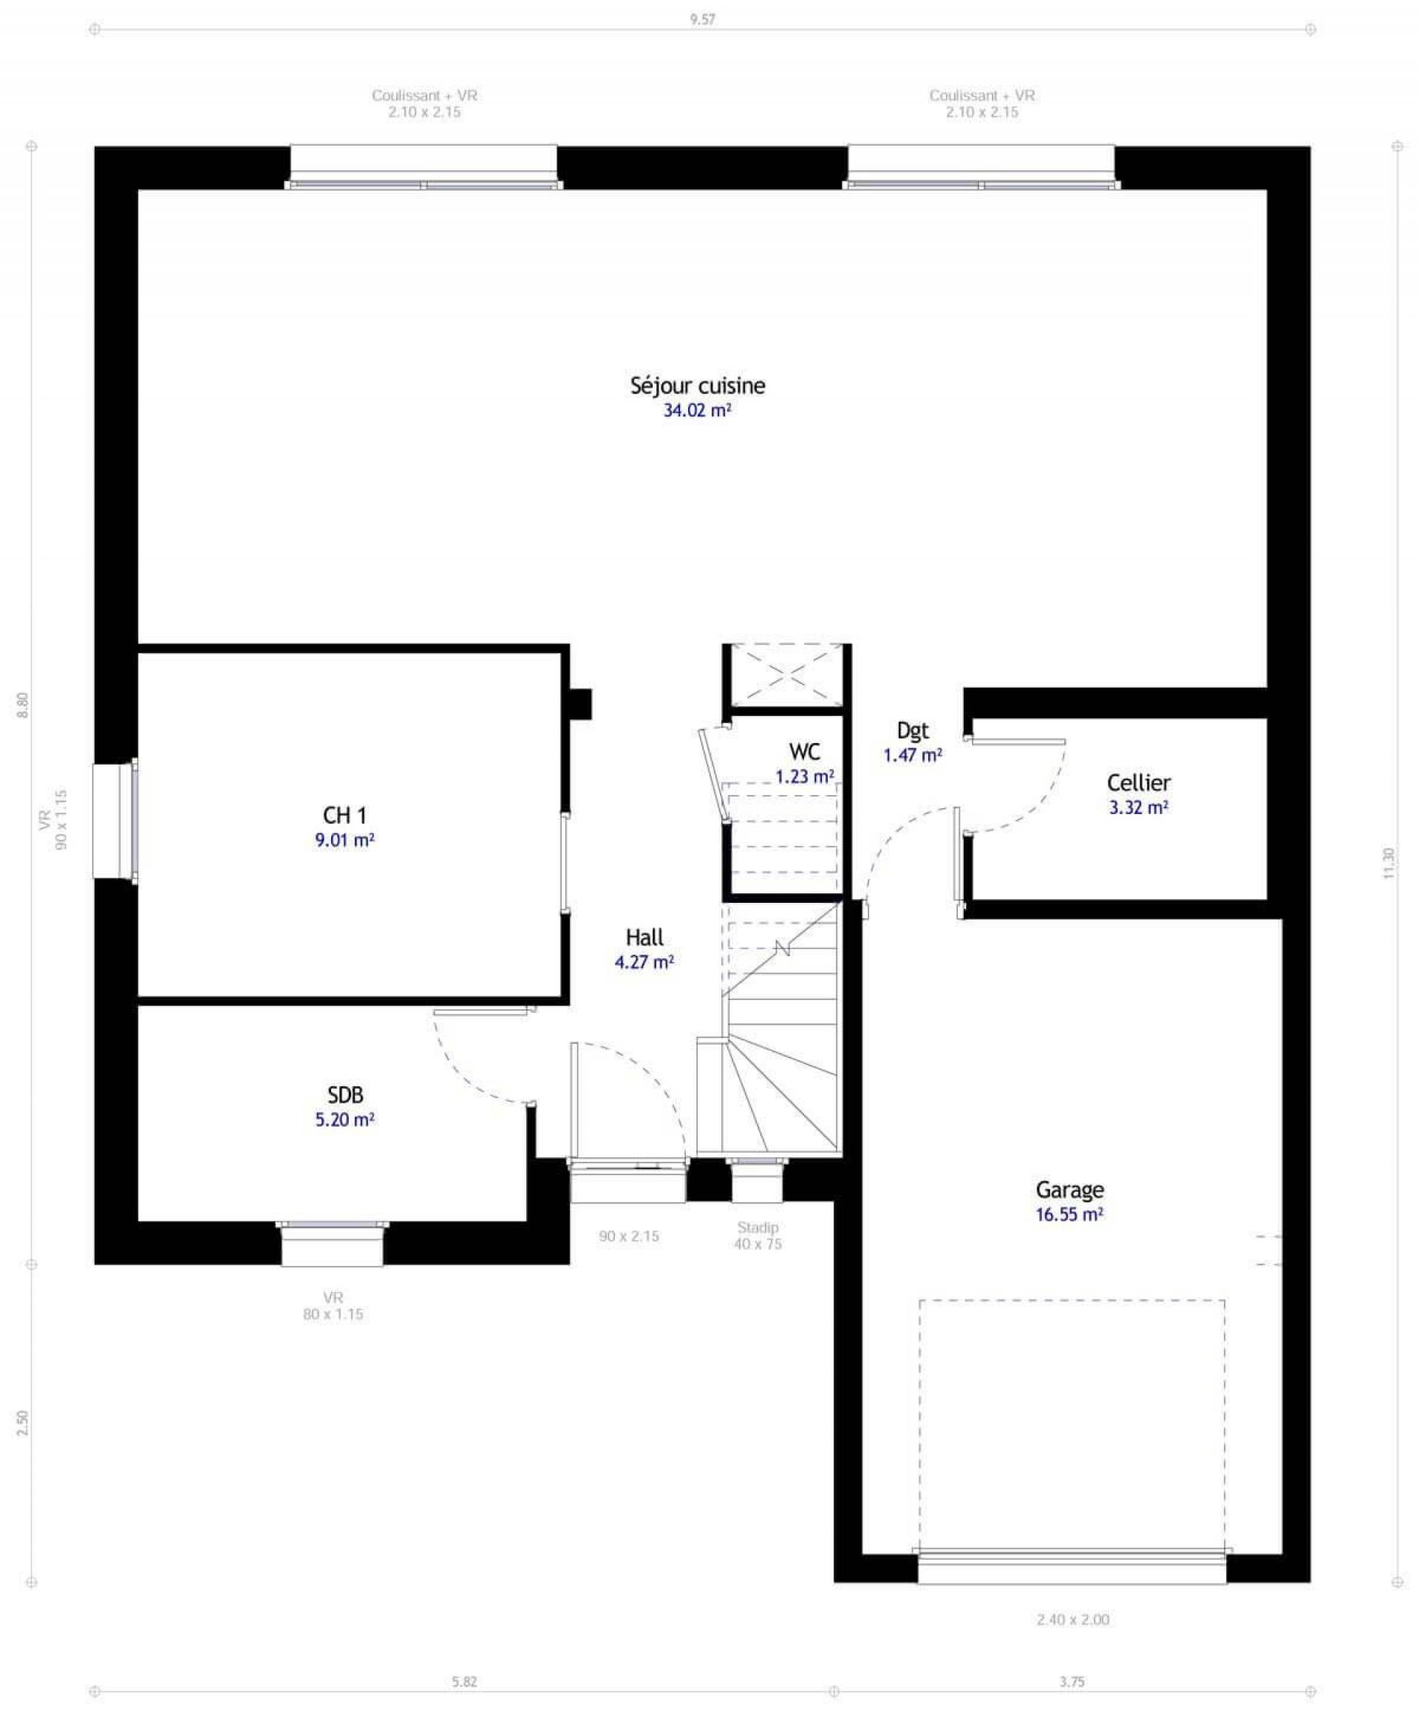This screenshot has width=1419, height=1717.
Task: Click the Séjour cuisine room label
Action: pyautogui.click(x=697, y=385)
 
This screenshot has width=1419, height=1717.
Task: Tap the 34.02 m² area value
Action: pyautogui.click(x=696, y=410)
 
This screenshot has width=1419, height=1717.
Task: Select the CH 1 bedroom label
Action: pyautogui.click(x=344, y=815)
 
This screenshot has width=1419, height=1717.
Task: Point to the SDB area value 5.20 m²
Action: pyautogui.click(x=344, y=1120)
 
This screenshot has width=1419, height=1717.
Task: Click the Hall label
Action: pyautogui.click(x=644, y=937)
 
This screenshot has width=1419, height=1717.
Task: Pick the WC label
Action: pyautogui.click(x=804, y=751)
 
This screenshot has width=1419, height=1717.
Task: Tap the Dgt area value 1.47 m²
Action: pyautogui.click(x=912, y=755)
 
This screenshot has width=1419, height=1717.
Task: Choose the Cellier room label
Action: pyautogui.click(x=1138, y=782)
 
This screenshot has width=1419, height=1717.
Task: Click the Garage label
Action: pyautogui.click(x=1069, y=1190)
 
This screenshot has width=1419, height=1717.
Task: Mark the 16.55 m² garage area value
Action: pyautogui.click(x=1069, y=1214)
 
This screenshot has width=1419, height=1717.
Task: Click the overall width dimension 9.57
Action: pyautogui.click(x=702, y=20)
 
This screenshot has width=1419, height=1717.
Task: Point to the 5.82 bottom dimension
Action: pyautogui.click(x=463, y=1682)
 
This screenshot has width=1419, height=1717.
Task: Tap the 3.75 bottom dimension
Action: pyautogui.click(x=1072, y=1682)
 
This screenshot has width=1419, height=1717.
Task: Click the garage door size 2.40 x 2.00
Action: pyautogui.click(x=1072, y=1619)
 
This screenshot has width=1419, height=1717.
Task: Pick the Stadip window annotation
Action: pyautogui.click(x=757, y=1228)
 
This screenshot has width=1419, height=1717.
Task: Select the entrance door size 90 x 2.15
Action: pyautogui.click(x=629, y=1236)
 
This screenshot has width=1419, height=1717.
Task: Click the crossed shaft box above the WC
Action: pyautogui.click(x=786, y=674)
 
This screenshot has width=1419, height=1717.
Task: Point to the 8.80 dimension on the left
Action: pyautogui.click(x=23, y=705)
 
